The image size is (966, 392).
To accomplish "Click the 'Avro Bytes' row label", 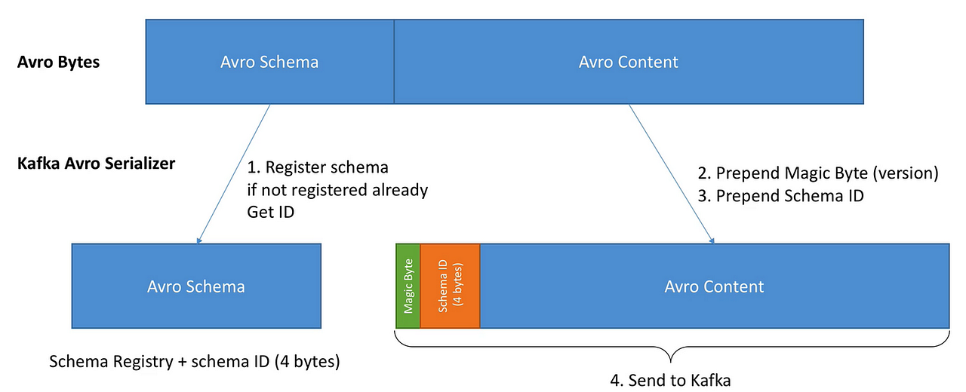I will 58,62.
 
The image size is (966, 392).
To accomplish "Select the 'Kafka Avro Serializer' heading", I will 96,163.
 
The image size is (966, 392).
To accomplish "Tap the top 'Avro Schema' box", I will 269,62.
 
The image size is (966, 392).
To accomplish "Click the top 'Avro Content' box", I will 629,62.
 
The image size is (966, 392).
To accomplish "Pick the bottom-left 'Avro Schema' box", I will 195,286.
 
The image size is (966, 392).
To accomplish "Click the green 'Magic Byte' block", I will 408,286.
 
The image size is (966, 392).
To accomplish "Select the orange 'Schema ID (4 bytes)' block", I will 450,286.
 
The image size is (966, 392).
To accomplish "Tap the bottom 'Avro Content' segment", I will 714,286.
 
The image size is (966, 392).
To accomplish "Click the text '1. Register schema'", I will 318,167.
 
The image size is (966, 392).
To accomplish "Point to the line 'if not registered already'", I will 337,189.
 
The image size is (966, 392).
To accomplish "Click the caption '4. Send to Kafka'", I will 670,380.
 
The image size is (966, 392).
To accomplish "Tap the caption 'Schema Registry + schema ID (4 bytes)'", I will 195,361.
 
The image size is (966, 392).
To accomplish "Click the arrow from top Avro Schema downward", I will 234,173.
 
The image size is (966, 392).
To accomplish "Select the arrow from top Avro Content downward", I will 671,173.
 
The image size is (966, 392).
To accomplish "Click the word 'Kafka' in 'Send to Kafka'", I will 710,380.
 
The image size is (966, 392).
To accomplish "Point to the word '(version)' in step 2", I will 904,173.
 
